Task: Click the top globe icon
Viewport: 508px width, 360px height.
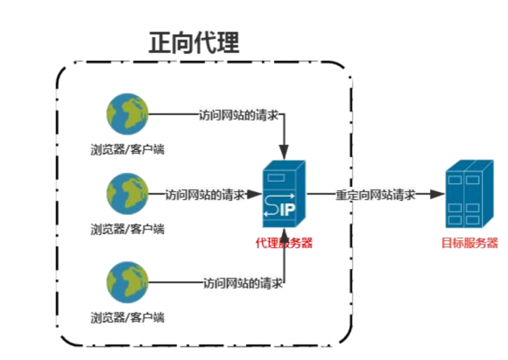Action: click(128, 114)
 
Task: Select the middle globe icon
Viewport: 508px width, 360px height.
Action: click(128, 194)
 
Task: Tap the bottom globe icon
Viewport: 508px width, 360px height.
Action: click(128, 282)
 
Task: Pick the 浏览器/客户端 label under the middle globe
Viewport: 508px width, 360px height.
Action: click(128, 228)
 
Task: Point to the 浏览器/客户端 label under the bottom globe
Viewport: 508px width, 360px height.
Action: click(128, 317)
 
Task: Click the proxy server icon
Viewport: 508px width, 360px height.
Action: click(284, 195)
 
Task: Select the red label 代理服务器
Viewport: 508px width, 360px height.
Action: click(284, 244)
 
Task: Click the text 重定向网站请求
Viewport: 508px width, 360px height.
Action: click(376, 194)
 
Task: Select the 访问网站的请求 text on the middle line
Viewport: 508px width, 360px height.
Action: click(205, 195)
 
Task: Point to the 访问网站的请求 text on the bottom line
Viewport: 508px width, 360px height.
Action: click(242, 283)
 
